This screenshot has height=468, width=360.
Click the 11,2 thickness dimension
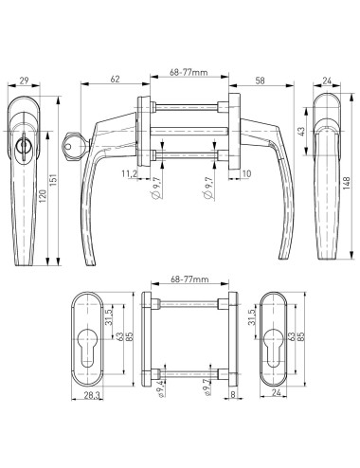128,174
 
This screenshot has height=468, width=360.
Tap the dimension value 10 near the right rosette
245,174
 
